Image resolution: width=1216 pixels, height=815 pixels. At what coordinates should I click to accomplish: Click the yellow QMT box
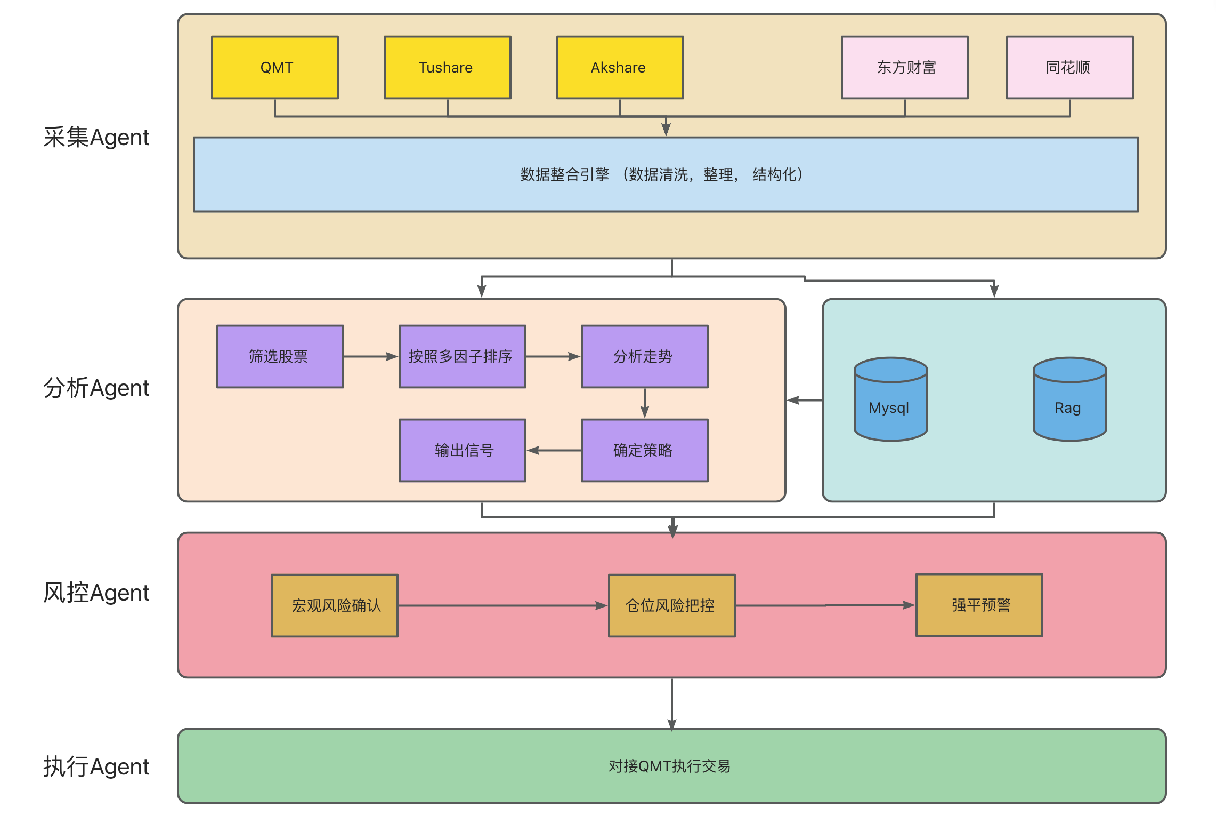[275, 67]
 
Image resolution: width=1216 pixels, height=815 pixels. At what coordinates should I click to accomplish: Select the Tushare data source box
[447, 67]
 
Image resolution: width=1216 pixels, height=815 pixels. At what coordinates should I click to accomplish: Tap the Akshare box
[620, 67]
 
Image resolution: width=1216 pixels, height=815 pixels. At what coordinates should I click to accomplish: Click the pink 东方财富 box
[904, 67]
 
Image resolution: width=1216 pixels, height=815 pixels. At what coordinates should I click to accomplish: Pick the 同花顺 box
[1069, 67]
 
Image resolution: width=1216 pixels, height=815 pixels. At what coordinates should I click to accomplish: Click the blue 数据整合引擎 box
[666, 174]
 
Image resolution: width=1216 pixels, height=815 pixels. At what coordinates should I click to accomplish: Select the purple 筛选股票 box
[280, 356]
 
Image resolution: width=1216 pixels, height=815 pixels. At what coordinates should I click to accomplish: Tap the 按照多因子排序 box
[462, 356]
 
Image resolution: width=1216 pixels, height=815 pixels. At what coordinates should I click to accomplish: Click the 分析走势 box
[644, 356]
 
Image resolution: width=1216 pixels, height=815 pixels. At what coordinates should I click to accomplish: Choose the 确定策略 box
[644, 450]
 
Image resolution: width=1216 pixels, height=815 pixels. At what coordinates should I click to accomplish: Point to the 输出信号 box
[462, 450]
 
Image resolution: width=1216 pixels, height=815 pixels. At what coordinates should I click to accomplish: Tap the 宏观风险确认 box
[335, 605]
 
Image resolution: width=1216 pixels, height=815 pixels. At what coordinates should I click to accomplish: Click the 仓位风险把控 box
[671, 605]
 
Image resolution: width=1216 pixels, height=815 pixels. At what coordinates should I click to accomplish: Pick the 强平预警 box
[979, 605]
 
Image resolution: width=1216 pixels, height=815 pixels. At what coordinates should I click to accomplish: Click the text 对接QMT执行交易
[669, 766]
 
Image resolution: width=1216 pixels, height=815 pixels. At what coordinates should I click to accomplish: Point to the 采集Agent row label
[96, 138]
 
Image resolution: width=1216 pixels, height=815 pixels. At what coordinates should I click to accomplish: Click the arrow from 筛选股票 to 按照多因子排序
[371, 356]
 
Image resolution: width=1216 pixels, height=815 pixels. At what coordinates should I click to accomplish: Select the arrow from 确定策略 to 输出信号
[554, 451]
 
